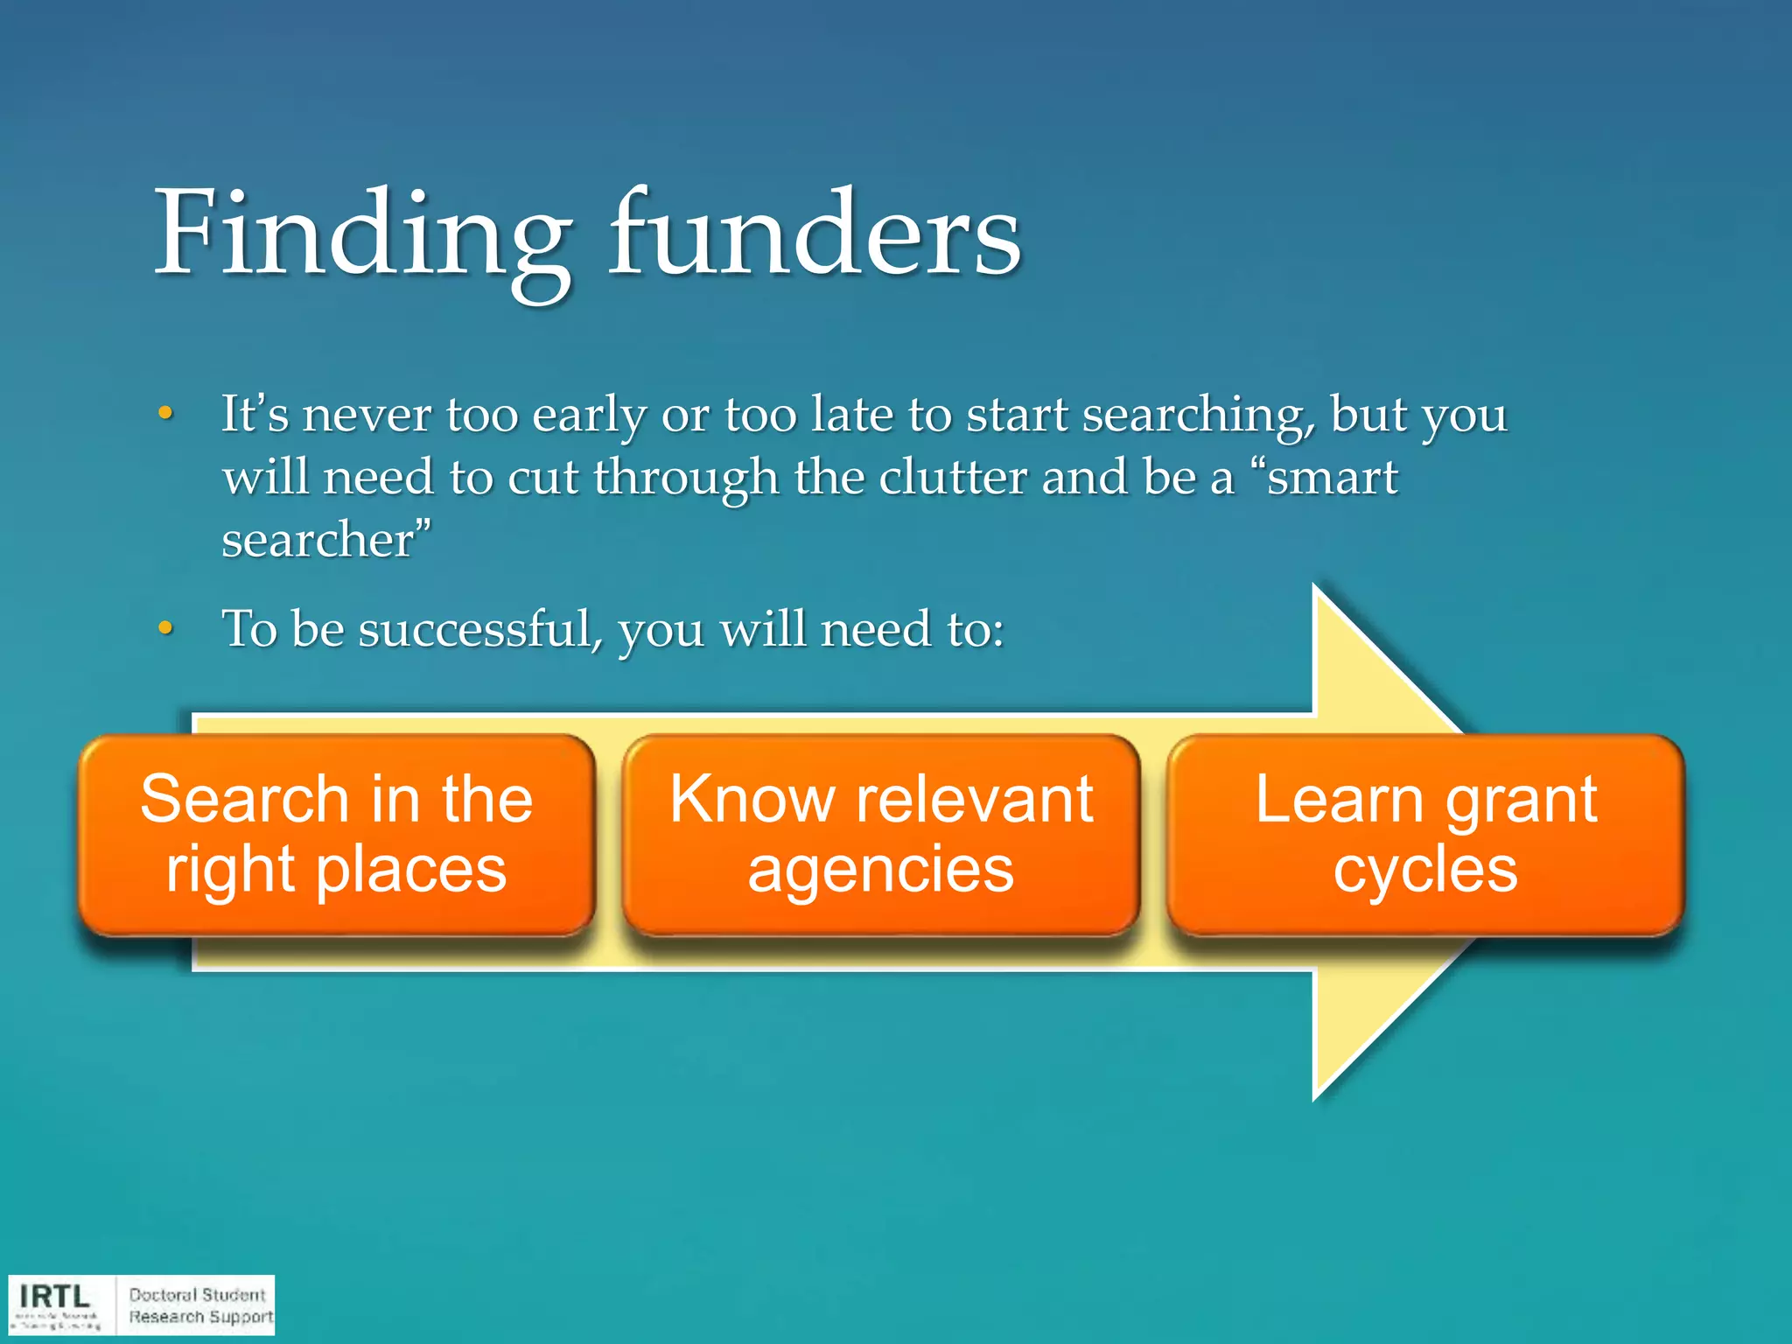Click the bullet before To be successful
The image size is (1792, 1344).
click(165, 628)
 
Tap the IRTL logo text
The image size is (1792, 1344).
click(54, 1296)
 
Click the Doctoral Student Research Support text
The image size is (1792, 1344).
click(199, 1305)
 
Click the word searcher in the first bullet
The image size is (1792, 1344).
click(320, 540)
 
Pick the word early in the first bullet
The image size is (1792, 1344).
click(589, 415)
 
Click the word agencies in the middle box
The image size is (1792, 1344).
click(881, 871)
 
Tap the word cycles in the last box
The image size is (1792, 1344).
click(1425, 871)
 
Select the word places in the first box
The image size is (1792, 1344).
click(411, 871)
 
